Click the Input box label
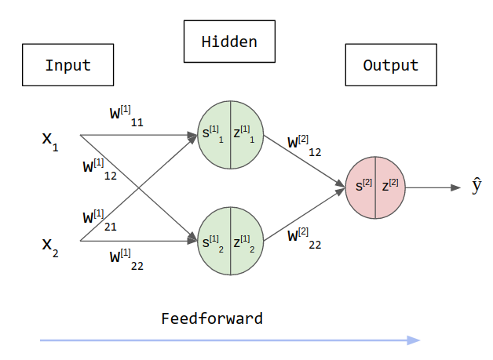pos(68,65)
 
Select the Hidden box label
pos(229,42)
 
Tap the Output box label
pos(391,65)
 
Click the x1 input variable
pos(49,141)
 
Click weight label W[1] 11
pos(126,115)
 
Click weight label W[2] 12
pos(305,146)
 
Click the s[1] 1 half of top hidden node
pos(214,134)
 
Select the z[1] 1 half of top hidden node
pos(246,134)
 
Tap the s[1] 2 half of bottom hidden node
pos(214,241)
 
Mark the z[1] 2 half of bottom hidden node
pos(246,241)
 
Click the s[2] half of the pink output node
pos(362,187)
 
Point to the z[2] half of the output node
pos(390,187)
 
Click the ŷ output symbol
pos(477,187)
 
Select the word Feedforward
pos(211,318)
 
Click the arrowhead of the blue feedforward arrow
pos(414,340)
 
